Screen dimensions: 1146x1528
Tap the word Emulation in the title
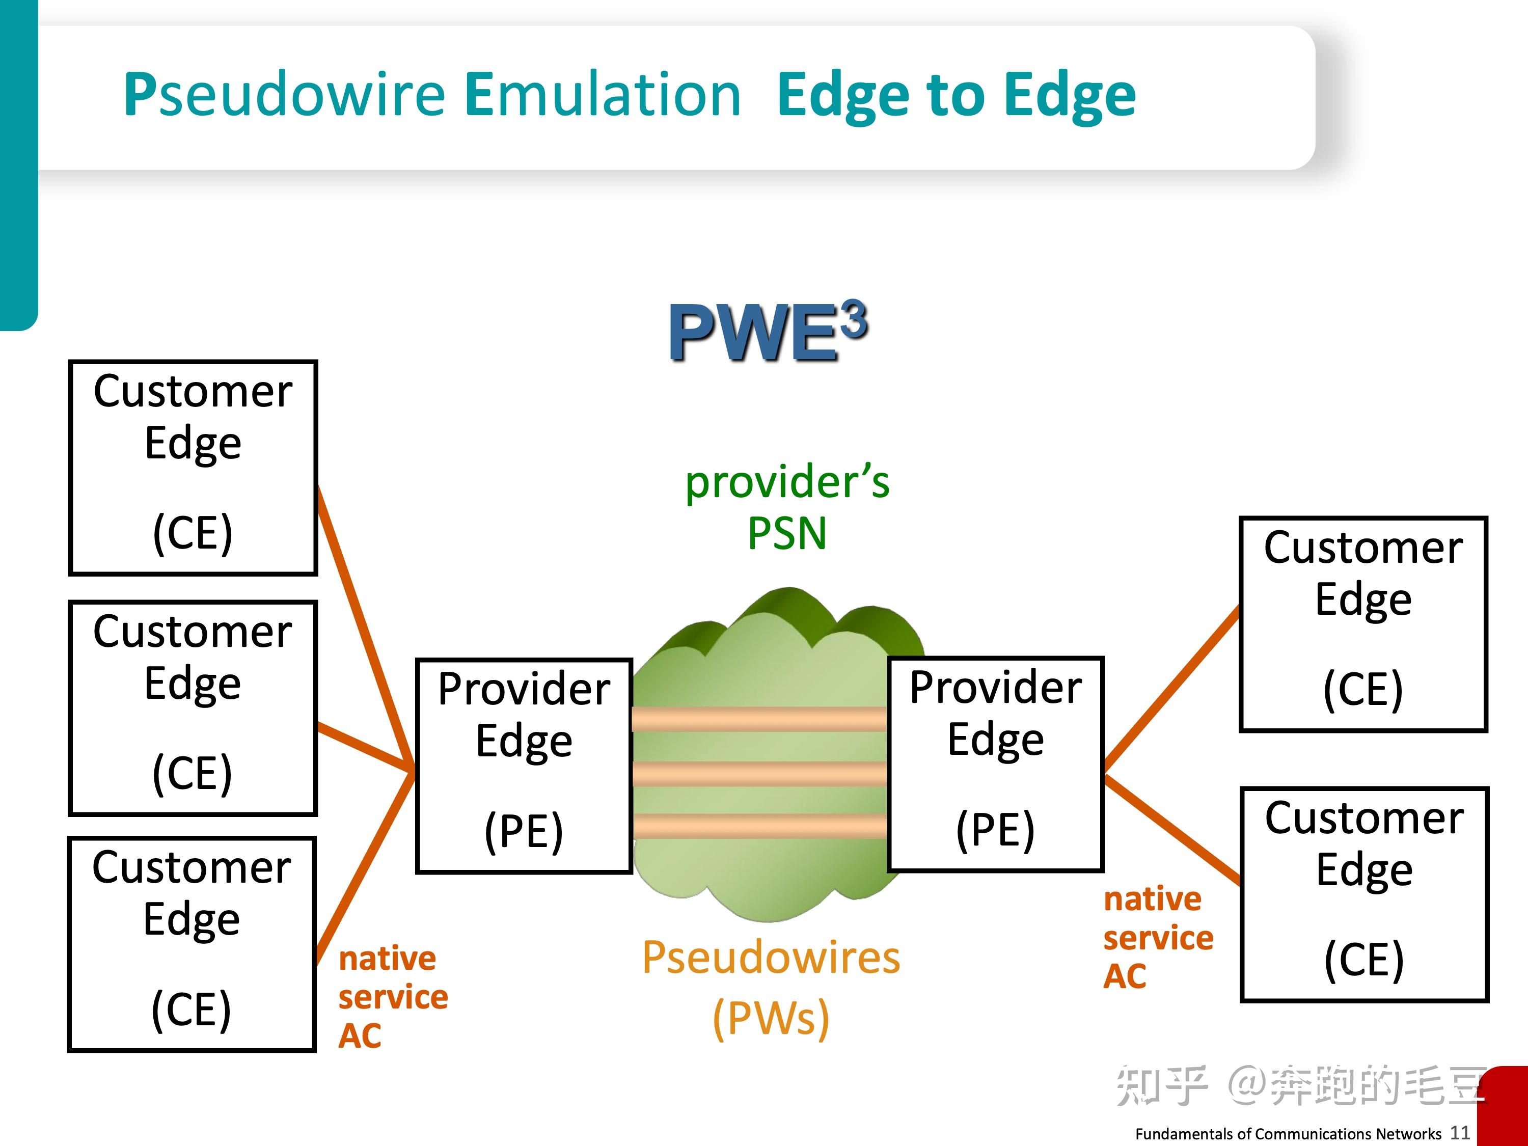click(603, 95)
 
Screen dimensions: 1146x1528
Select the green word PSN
click(787, 534)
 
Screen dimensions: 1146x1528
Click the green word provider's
click(787, 482)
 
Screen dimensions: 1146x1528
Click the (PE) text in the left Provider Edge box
click(524, 831)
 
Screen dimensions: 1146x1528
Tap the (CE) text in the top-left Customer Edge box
click(192, 533)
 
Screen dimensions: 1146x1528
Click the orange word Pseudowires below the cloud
click(771, 958)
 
